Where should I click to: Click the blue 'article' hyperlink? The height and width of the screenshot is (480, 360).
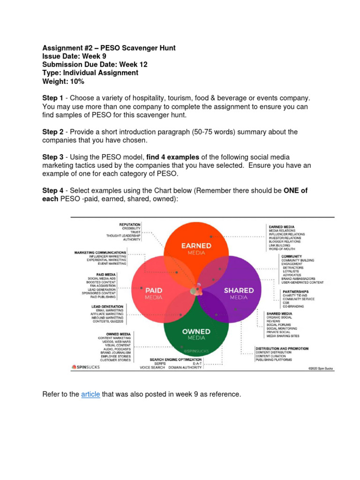pyautogui.click(x=90, y=395)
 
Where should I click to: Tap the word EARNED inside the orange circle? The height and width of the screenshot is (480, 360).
pyautogui.click(x=196, y=246)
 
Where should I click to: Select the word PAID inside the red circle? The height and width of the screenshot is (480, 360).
pyautogui.click(x=154, y=290)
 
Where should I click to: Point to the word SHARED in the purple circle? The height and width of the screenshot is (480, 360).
pyautogui.click(x=239, y=290)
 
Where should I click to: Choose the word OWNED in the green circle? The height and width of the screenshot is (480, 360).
pyautogui.click(x=196, y=331)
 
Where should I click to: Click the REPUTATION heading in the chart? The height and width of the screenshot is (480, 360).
pyautogui.click(x=130, y=225)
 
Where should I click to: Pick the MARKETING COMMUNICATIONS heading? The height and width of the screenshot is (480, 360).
pyautogui.click(x=100, y=253)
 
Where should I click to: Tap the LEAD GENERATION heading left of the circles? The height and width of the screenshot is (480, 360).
pyautogui.click(x=107, y=307)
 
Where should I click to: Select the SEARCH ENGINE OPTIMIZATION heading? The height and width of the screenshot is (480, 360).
pyautogui.click(x=176, y=360)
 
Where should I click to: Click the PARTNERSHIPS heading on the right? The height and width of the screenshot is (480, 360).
pyautogui.click(x=295, y=291)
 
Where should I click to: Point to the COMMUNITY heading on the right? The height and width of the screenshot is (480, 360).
pyautogui.click(x=292, y=256)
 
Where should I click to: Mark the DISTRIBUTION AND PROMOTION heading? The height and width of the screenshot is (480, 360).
pyautogui.click(x=282, y=349)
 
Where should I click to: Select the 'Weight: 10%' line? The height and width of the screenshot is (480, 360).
pyautogui.click(x=63, y=82)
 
